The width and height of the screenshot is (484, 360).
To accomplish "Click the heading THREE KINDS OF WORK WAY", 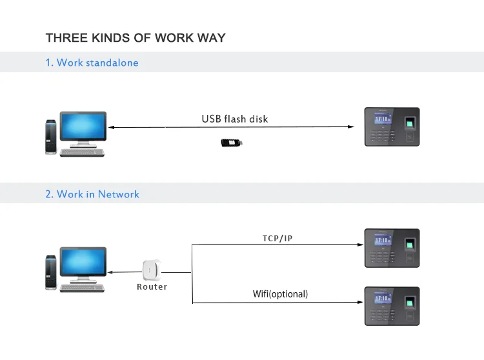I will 136,37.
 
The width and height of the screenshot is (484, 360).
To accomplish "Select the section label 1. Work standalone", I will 92,63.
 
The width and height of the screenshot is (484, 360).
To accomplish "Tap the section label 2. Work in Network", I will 92,194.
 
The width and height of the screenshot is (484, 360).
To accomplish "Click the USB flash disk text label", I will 234,119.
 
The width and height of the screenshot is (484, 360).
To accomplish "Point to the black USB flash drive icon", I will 231,143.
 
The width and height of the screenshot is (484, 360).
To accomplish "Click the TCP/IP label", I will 277,238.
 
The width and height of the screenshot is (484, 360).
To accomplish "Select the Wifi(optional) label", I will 280,294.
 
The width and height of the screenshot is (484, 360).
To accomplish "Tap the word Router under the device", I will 152,286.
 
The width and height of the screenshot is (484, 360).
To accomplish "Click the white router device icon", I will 152,269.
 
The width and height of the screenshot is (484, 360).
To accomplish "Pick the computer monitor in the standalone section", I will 83,128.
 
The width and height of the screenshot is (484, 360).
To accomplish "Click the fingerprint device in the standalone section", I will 392,126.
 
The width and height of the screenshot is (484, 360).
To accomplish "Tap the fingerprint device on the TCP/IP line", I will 392,248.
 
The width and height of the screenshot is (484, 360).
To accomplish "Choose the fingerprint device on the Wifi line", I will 392,306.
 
